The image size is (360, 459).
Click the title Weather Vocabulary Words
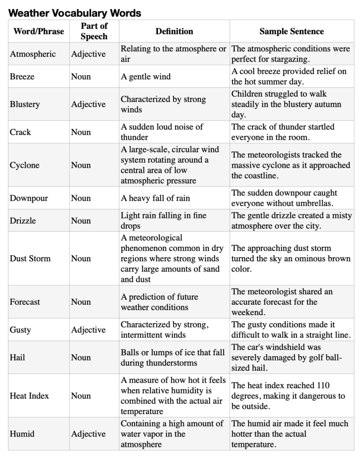click(x=75, y=13)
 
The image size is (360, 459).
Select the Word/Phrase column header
click(x=39, y=31)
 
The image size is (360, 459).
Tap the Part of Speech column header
click(x=94, y=31)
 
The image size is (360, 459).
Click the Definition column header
click(x=174, y=31)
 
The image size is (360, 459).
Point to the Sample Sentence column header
click(x=292, y=31)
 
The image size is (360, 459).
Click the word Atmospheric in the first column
click(x=33, y=54)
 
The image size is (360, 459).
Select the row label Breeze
click(x=22, y=76)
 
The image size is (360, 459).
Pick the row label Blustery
click(x=25, y=104)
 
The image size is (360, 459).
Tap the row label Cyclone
click(x=24, y=165)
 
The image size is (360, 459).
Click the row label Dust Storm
click(x=30, y=258)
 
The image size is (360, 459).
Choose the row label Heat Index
click(x=29, y=396)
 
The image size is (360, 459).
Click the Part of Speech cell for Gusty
click(x=88, y=330)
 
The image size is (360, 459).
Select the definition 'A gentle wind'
click(x=145, y=76)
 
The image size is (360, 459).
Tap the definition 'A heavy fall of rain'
click(x=155, y=198)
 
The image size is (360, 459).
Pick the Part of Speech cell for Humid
click(x=88, y=434)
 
